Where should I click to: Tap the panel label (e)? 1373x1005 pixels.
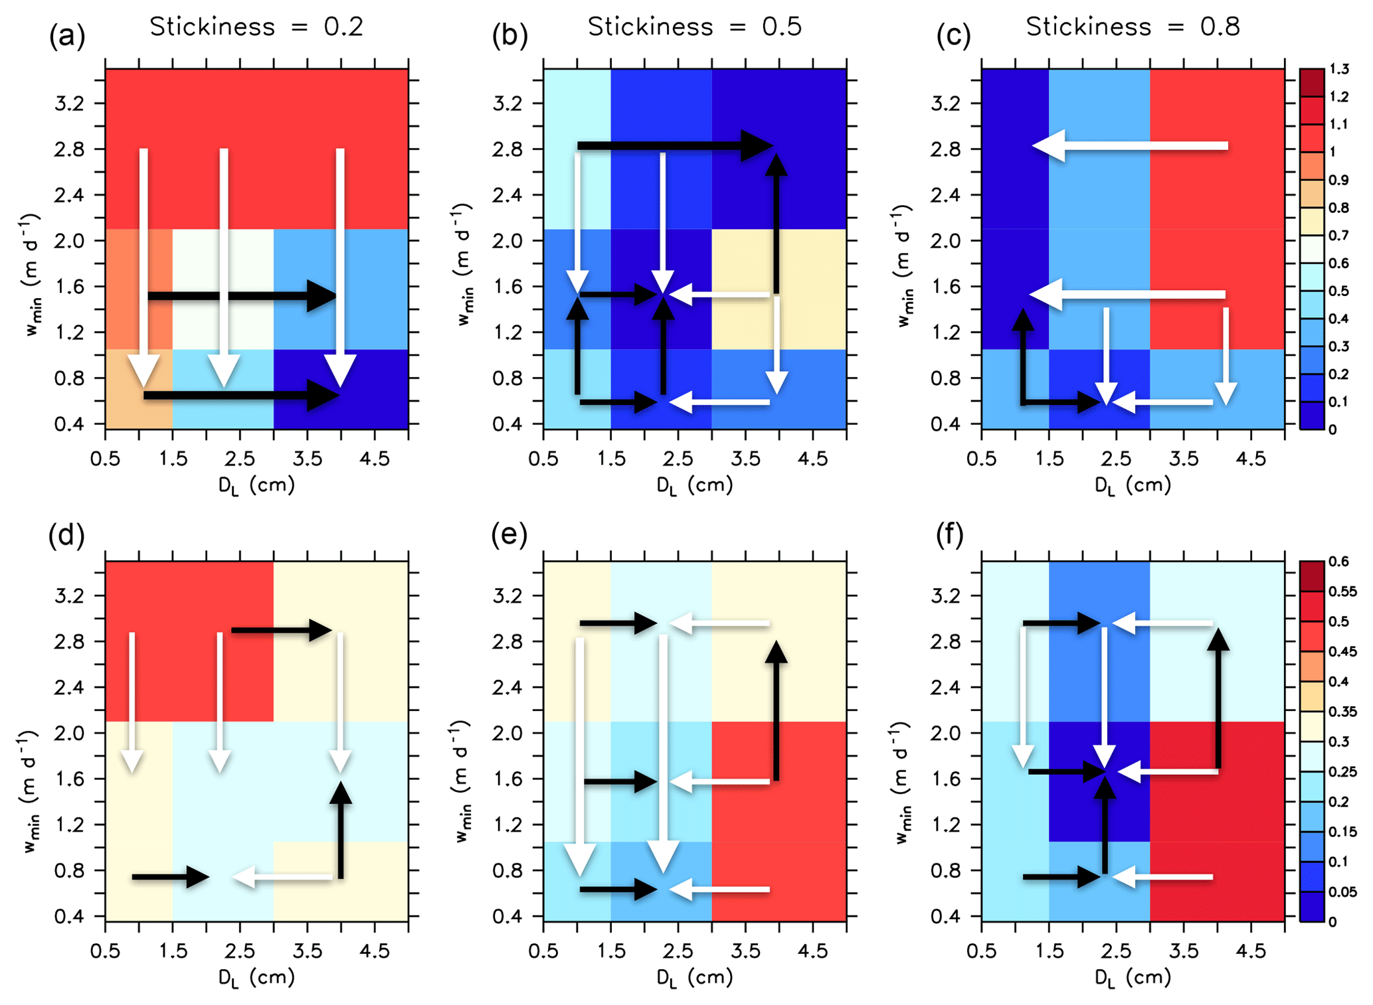[x=509, y=534]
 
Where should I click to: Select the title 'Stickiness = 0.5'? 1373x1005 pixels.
[x=694, y=27]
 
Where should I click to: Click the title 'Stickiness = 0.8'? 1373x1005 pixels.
[x=1133, y=27]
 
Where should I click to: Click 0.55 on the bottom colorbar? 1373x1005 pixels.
[x=1342, y=591]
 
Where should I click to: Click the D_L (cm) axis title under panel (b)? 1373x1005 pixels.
[x=694, y=486]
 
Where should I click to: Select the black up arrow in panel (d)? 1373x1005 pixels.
[x=341, y=830]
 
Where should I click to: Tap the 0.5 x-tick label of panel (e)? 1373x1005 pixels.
[x=543, y=952]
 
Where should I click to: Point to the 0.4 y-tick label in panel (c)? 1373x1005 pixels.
[x=948, y=424]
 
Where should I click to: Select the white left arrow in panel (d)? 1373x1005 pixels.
[x=282, y=878]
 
